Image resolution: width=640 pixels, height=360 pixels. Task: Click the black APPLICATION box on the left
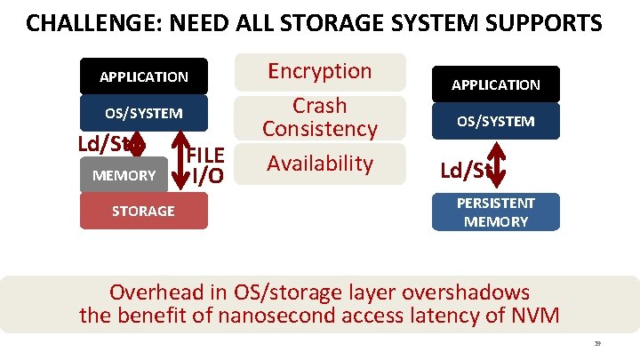[x=144, y=76]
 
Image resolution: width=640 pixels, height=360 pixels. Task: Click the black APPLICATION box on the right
[x=496, y=84]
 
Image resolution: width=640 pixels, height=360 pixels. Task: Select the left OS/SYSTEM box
[x=144, y=114]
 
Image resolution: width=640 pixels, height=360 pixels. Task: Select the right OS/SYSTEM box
[x=496, y=121]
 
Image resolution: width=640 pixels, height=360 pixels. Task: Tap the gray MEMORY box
[x=124, y=175]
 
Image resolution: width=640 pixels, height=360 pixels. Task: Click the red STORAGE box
[x=143, y=211]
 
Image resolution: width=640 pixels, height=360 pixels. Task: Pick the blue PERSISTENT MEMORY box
[x=496, y=212]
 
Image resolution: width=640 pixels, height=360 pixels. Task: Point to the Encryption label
[x=320, y=71]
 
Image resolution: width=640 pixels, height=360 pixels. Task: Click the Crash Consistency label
[x=320, y=117]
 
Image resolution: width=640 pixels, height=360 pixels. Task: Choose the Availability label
[x=320, y=163]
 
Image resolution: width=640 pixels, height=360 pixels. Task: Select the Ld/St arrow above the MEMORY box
[x=135, y=145]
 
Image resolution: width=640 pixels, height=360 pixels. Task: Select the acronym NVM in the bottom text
[x=533, y=315]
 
